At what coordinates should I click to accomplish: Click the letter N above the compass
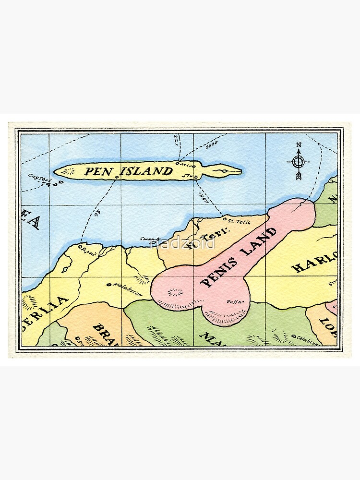coord(299,144)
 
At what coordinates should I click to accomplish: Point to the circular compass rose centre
coord(299,161)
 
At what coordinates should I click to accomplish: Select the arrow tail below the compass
coord(299,176)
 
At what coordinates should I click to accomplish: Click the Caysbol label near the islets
coord(39,178)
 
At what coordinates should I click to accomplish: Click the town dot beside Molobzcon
coord(109,285)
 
